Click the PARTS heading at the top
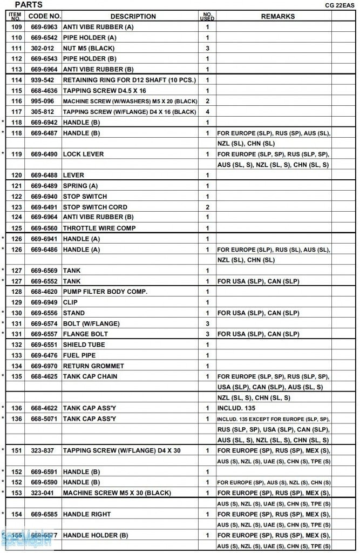[28, 5]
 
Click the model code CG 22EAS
[339, 5]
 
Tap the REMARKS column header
[277, 16]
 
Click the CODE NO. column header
[45, 16]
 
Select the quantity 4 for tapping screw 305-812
[207, 112]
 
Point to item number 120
[17, 175]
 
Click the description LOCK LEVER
[83, 154]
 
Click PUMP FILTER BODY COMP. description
[105, 292]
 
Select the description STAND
[74, 313]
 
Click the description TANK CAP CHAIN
[90, 376]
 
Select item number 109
[17, 27]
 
